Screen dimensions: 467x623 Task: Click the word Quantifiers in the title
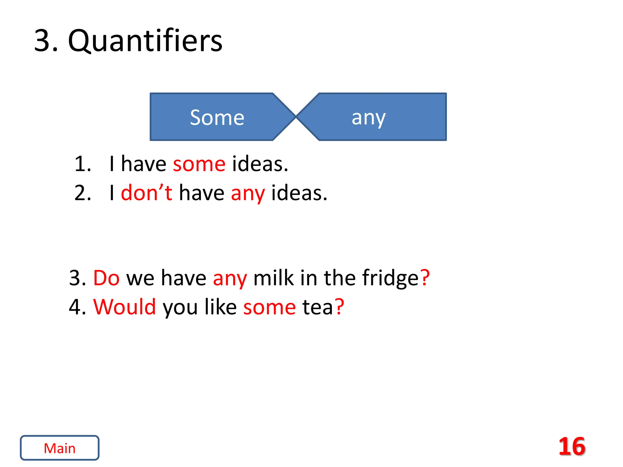[145, 41]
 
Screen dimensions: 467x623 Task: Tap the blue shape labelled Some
[217, 117]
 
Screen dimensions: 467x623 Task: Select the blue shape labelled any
[369, 117]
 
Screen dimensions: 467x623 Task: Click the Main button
[60, 448]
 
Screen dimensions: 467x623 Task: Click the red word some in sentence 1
[199, 164]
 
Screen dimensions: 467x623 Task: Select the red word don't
[146, 193]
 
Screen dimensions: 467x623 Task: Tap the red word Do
[106, 278]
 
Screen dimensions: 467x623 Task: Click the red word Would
[125, 307]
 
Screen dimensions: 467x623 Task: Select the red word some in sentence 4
[269, 307]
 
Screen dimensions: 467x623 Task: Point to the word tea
[317, 307]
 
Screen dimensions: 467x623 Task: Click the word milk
[273, 278]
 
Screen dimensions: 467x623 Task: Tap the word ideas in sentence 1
[259, 164]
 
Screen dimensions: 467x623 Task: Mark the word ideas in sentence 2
[299, 193]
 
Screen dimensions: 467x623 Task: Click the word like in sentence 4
[220, 307]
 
